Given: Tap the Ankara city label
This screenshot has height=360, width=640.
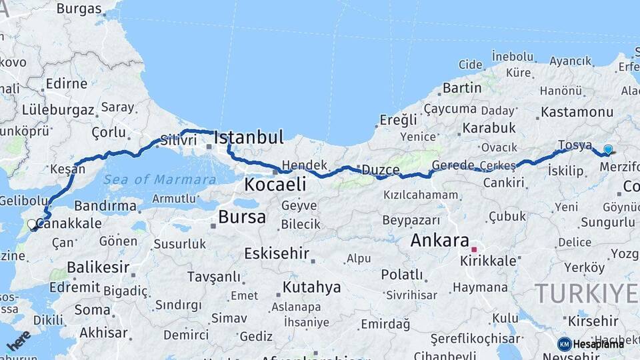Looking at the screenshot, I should [x=440, y=241].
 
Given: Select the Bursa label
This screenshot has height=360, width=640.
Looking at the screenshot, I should [x=242, y=217].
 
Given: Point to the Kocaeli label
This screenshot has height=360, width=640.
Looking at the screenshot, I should [x=275, y=184].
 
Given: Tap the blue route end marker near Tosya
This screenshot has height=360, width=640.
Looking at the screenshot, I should [x=608, y=150].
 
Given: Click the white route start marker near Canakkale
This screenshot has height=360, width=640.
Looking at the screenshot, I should [x=32, y=225].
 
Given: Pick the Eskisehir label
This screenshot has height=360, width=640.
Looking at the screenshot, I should [x=277, y=253].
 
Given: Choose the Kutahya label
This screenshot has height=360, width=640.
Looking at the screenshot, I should [x=311, y=287].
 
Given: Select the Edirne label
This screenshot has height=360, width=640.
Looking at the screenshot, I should [x=66, y=83].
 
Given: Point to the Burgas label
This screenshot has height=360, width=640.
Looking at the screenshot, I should [x=79, y=9].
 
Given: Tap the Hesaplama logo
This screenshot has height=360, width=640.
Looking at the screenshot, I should [x=591, y=343].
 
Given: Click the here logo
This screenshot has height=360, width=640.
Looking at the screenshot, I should [x=18, y=340].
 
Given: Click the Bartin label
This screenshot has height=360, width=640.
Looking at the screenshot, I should [x=462, y=87].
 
